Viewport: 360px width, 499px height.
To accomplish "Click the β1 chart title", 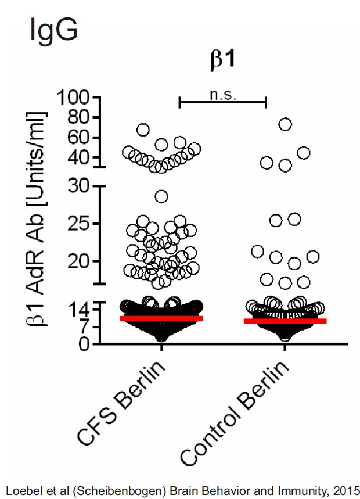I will [222, 60].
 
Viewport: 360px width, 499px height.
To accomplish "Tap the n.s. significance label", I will [222, 94].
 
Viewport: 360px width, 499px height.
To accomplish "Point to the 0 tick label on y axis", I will [84, 344].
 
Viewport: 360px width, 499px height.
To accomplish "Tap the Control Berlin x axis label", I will [235, 415].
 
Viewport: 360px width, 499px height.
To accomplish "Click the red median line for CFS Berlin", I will [161, 318].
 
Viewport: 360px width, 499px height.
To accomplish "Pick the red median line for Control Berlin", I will [285, 321].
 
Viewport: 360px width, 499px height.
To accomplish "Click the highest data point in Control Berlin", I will [285, 124].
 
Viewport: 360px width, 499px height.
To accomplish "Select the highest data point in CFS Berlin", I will [143, 130].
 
